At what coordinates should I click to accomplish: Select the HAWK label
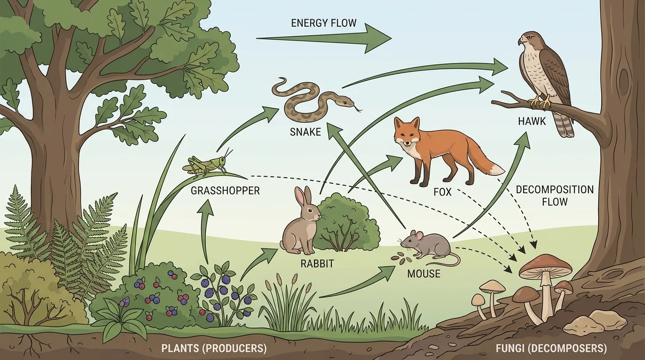532,121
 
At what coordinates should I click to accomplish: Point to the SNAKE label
305,132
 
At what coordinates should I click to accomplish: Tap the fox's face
406,134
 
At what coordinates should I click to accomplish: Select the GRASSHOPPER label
225,191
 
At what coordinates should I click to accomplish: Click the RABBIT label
317,264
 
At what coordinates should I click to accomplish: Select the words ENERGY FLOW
324,22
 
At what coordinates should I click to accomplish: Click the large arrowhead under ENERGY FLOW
375,37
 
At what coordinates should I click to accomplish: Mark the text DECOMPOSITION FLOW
555,196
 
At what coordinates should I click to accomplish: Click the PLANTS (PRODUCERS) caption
214,348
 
